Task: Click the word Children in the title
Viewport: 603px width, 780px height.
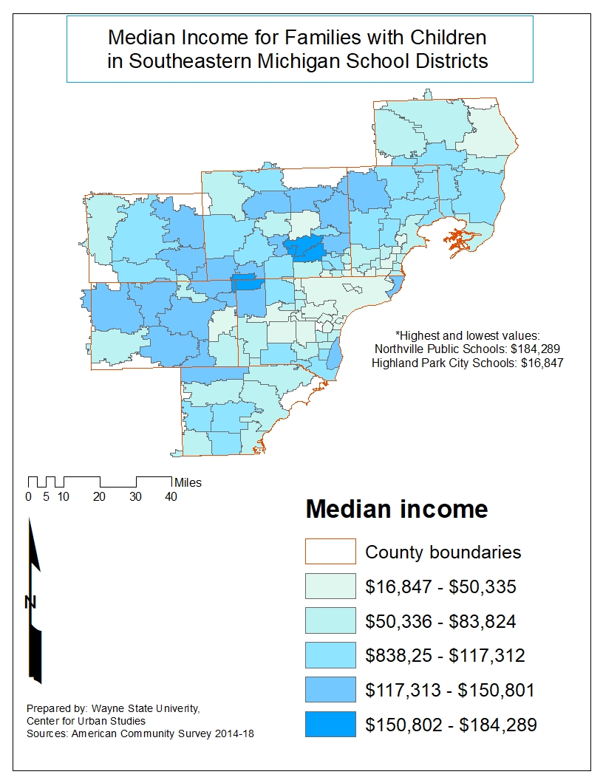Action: pyautogui.click(x=446, y=36)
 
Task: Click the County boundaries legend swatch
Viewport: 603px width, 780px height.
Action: pyautogui.click(x=330, y=552)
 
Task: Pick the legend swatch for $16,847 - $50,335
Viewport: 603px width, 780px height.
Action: pyautogui.click(x=330, y=587)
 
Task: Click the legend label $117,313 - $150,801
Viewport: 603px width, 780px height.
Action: pyautogui.click(x=449, y=691)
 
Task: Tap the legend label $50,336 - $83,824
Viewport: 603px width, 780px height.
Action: pyautogui.click(x=440, y=621)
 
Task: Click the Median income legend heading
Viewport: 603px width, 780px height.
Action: pyautogui.click(x=397, y=510)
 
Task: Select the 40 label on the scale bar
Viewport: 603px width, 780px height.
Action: pyautogui.click(x=171, y=497)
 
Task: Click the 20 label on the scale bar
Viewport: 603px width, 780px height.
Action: pyautogui.click(x=99, y=497)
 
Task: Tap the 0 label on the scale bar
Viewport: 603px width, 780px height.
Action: pyautogui.click(x=29, y=497)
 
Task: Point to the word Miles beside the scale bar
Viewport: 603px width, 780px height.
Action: pyautogui.click(x=188, y=483)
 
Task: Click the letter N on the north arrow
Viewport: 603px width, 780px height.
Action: pyautogui.click(x=30, y=603)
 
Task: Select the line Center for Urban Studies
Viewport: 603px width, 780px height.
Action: pyautogui.click(x=86, y=721)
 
